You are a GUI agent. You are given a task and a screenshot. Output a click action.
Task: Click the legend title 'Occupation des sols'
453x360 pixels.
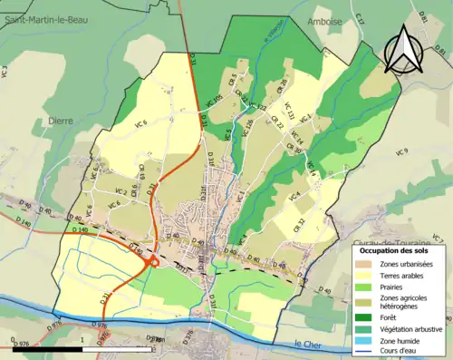point(402,249)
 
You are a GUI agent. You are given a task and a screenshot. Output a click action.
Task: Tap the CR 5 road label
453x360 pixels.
point(233,79)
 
